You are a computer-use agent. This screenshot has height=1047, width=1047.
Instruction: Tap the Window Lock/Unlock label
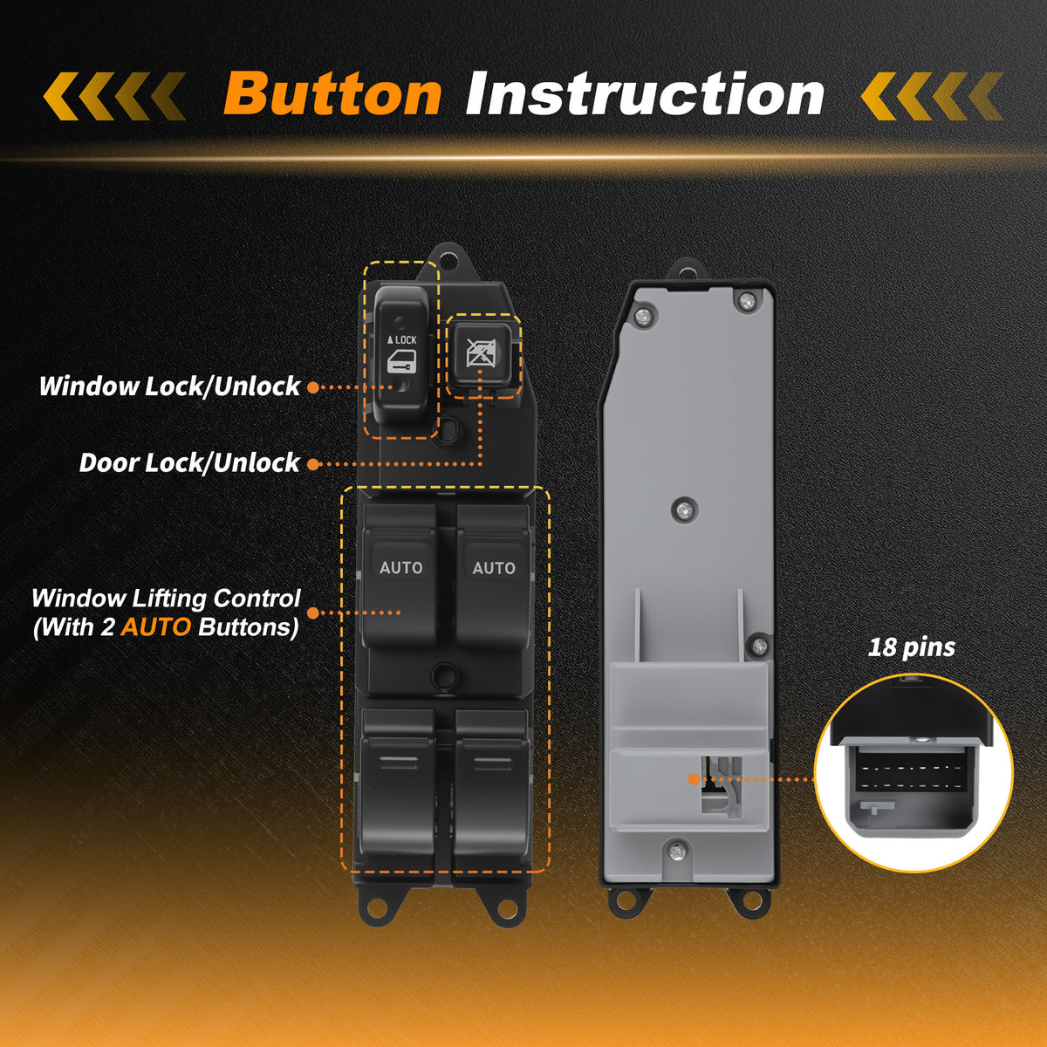tap(169, 387)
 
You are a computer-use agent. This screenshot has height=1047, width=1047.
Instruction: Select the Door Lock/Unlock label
tap(189, 463)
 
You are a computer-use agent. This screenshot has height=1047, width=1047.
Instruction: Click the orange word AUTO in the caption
tap(156, 627)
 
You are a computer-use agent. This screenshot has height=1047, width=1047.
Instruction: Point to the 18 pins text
tap(911, 647)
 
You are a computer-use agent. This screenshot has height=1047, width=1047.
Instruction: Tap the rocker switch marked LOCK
tap(402, 355)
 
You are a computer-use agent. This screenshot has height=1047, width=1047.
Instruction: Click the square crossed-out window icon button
tap(481, 353)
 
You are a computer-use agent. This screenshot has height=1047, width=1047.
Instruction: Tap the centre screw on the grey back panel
tap(684, 510)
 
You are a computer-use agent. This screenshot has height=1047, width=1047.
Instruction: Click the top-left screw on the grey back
tap(643, 316)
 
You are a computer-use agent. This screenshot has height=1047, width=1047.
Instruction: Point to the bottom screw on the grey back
tap(678, 852)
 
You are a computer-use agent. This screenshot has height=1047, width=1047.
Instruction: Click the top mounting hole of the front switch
tap(448, 260)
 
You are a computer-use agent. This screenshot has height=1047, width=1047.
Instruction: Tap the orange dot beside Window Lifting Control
tap(313, 612)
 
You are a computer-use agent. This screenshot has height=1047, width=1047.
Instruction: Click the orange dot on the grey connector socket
tap(694, 779)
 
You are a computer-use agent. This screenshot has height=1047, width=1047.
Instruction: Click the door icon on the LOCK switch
tap(401, 361)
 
